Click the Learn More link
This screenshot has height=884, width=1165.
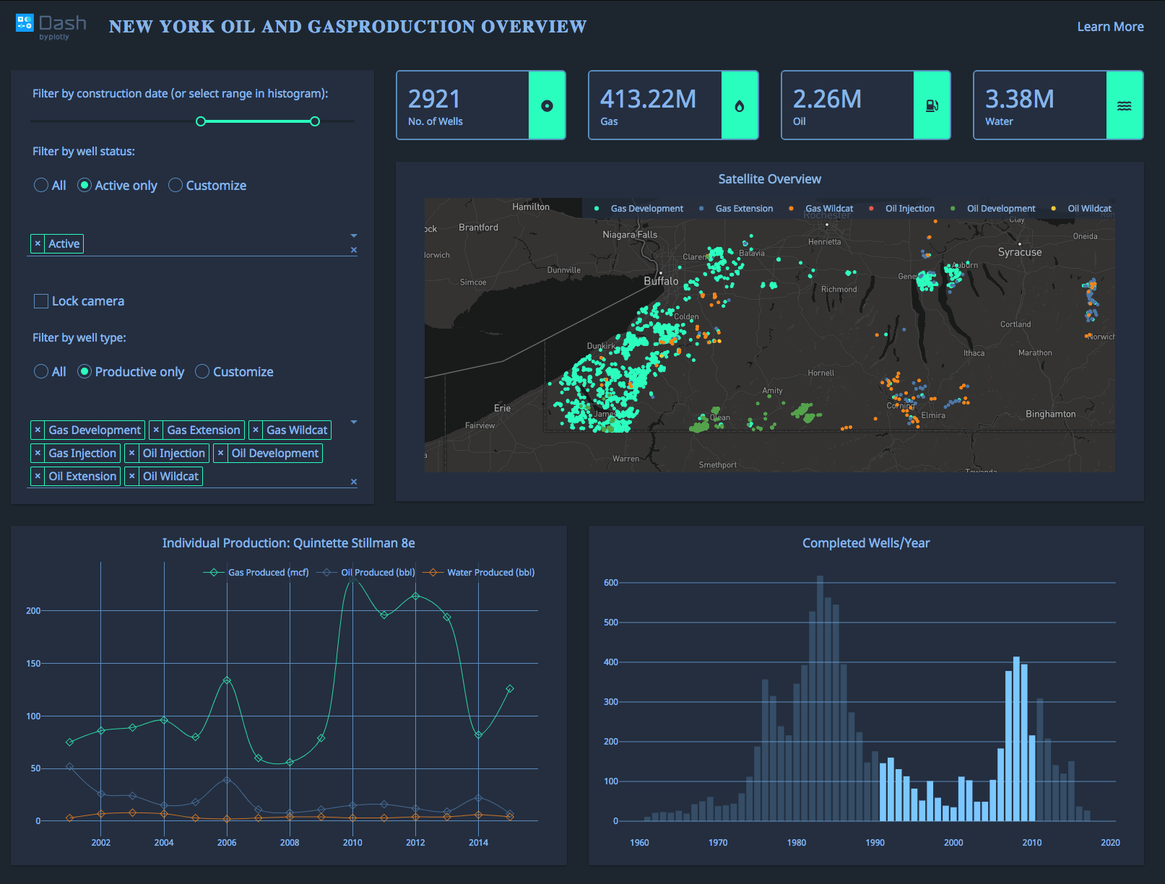[x=1110, y=27]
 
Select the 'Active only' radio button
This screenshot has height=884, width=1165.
[x=85, y=186]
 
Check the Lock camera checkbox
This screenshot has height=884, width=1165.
[x=41, y=301]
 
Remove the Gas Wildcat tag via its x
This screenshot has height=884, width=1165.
[x=256, y=430]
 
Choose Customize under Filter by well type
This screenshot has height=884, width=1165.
[x=203, y=372]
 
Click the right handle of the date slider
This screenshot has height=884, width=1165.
[x=315, y=121]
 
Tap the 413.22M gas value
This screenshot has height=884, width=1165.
[x=648, y=99]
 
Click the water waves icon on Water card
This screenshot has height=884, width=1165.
[x=1124, y=106]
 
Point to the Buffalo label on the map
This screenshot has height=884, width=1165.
[x=661, y=281]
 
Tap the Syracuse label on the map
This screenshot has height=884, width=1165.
[x=1019, y=252]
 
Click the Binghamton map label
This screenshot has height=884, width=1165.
[x=1050, y=414]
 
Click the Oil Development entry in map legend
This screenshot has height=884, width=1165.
[x=1000, y=209]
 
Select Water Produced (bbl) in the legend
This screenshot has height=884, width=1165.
[x=490, y=573]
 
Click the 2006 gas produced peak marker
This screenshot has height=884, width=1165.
[x=227, y=680]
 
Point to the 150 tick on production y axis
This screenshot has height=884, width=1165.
[x=33, y=664]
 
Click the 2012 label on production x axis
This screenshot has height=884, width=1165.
[x=415, y=843]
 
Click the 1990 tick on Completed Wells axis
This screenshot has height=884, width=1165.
[x=875, y=843]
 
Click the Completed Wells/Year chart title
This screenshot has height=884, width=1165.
[x=866, y=543]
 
